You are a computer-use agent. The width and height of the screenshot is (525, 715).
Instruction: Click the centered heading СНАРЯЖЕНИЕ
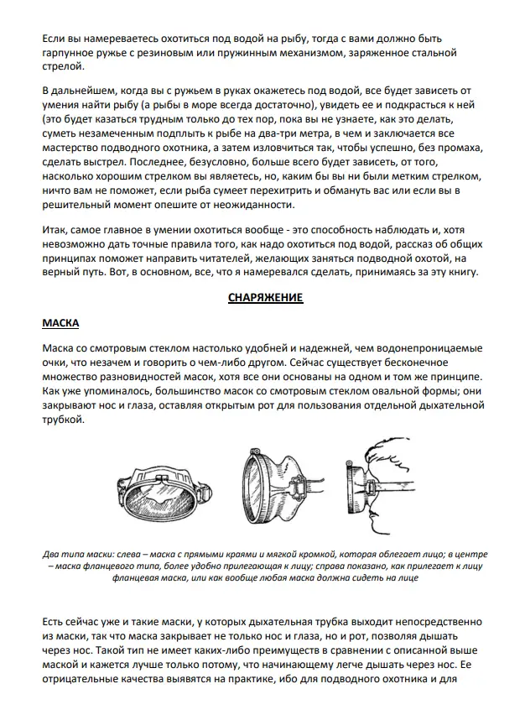[x=265, y=297]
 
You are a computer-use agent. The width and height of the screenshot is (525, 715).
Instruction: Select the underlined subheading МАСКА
[x=60, y=322]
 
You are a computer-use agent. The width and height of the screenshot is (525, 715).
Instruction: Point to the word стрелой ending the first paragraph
[x=60, y=69]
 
